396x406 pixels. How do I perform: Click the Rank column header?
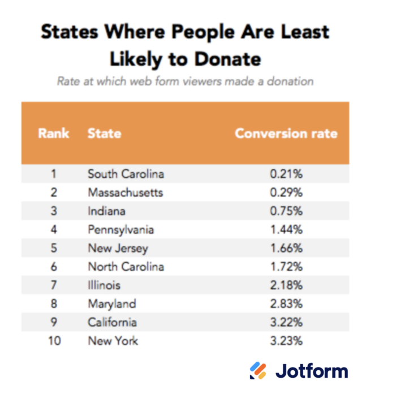[x=54, y=134]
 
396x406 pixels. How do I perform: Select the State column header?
[x=104, y=134]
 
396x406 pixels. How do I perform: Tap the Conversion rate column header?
[x=286, y=134]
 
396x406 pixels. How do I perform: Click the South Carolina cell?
[x=126, y=174]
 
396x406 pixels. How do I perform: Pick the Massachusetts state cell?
[x=125, y=193]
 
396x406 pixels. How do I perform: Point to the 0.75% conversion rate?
[x=286, y=211]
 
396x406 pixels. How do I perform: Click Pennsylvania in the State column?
[x=120, y=230]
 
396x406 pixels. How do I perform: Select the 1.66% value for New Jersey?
[x=286, y=249]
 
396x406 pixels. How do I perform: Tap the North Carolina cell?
[x=126, y=267]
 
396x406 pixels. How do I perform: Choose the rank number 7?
[x=54, y=285]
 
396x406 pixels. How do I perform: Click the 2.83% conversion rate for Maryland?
[x=286, y=304]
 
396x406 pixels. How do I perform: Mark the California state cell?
[x=112, y=322]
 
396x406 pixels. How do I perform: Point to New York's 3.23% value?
[x=286, y=341]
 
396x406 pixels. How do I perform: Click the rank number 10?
[x=54, y=341]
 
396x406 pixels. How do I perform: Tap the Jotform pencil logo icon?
[x=258, y=371]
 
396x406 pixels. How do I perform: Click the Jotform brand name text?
[x=312, y=371]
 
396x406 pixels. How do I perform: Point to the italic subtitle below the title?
[x=185, y=81]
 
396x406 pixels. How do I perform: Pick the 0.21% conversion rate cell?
[x=286, y=174]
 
